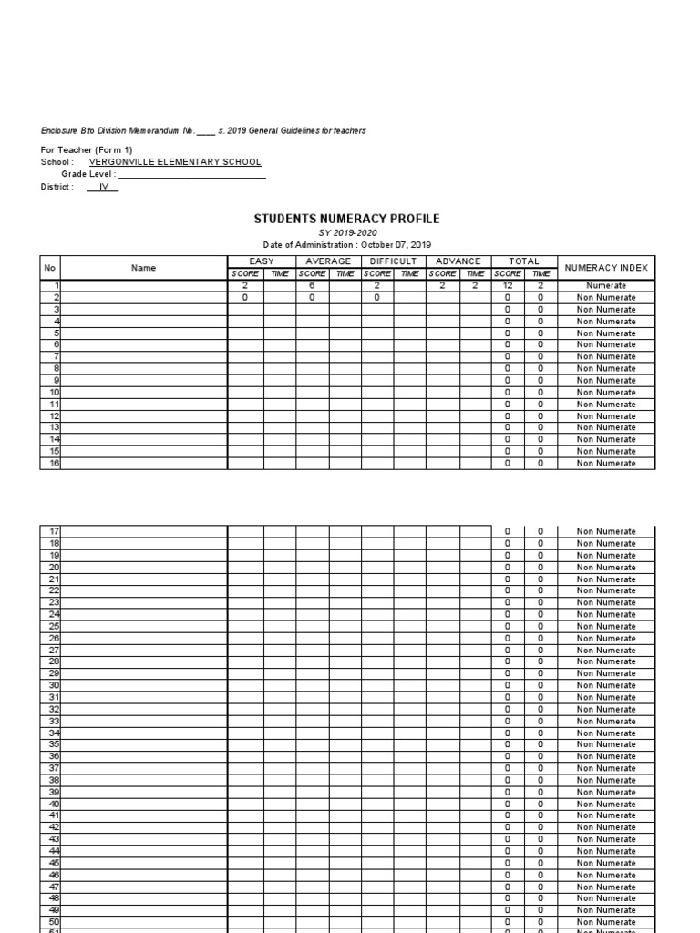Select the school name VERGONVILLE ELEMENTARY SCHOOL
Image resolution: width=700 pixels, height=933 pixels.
(175, 161)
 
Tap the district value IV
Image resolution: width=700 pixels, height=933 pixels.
(103, 186)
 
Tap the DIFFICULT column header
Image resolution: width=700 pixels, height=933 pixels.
(393, 261)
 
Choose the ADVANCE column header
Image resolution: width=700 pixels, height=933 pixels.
(458, 261)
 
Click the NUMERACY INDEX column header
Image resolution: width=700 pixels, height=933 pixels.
(606, 268)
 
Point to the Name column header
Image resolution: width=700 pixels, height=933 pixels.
(143, 268)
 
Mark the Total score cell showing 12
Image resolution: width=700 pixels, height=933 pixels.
(508, 286)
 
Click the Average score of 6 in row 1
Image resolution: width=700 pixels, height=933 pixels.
(311, 286)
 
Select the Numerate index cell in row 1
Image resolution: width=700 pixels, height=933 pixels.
(606, 286)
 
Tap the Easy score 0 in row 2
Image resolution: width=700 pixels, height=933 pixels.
(245, 298)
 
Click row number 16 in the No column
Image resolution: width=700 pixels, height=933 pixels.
(54, 463)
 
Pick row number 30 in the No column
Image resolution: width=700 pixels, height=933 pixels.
(54, 685)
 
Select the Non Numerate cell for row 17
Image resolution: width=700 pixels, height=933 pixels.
(606, 531)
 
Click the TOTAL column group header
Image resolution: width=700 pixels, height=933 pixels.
(523, 261)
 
